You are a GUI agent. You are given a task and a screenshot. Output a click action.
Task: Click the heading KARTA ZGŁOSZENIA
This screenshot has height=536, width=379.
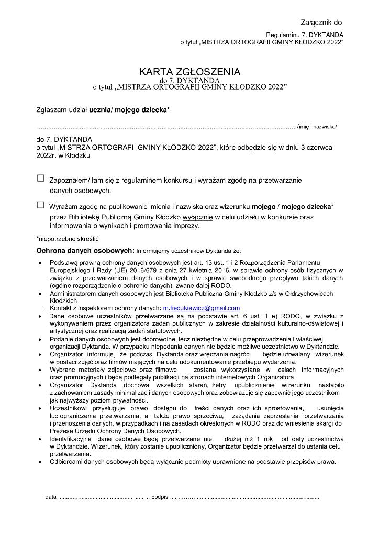point(189,72)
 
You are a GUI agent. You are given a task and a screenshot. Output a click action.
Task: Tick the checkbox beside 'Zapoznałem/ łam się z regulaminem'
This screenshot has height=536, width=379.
point(41,178)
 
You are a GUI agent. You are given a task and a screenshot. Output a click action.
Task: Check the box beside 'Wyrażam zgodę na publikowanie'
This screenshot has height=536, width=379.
point(41,205)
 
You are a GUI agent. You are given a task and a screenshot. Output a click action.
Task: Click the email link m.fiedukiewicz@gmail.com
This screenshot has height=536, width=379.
point(202,308)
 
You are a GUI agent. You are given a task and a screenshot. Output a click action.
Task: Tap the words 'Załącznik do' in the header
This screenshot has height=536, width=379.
point(321,23)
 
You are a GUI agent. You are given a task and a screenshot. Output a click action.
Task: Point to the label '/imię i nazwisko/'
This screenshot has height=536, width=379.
point(317,127)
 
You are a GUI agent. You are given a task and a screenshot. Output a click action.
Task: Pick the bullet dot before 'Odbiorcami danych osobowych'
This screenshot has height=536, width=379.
point(41,462)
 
